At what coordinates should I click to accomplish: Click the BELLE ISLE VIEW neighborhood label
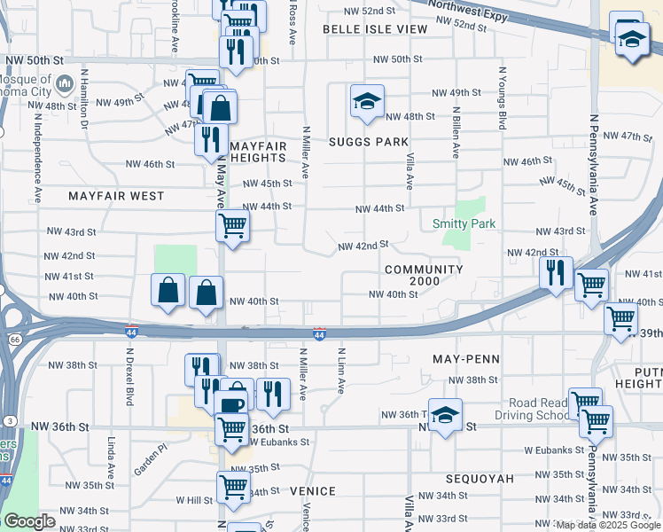(375, 29)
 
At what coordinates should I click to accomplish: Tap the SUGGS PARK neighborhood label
(369, 142)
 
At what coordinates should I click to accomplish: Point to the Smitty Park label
(464, 224)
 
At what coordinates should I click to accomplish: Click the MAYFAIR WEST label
(116, 195)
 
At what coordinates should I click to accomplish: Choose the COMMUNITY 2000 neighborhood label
(425, 275)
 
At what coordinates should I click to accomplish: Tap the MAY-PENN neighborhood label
(466, 359)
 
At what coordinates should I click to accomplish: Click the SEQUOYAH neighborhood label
(481, 478)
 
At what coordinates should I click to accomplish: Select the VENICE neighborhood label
(313, 491)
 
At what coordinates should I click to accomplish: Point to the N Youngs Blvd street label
(502, 98)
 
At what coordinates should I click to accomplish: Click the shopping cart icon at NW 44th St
(232, 225)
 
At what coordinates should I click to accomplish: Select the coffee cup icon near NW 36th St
(232, 403)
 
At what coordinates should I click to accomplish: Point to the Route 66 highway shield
(13, 339)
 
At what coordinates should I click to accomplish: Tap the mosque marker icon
(63, 85)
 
